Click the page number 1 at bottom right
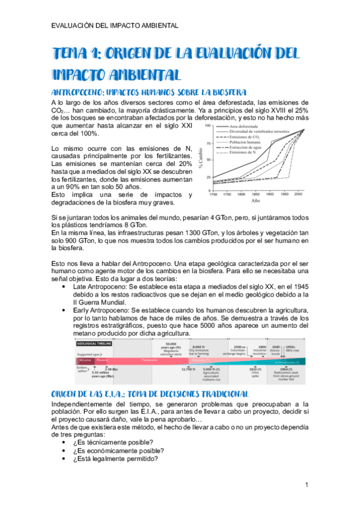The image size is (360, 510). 307,484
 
